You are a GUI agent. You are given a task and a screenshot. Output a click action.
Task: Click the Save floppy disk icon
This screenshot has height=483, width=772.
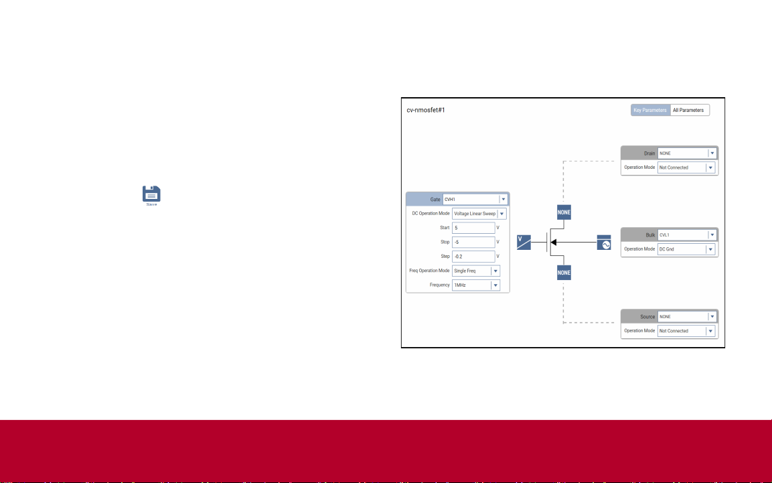coord(151,194)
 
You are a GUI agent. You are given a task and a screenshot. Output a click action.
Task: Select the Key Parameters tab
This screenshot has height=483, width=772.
coord(650,111)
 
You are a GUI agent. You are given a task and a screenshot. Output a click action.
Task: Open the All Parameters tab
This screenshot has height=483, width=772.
coord(689,111)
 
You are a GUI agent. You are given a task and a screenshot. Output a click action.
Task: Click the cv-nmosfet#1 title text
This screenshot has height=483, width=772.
coord(425,110)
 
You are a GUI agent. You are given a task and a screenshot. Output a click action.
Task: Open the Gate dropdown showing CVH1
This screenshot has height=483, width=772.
coord(475,200)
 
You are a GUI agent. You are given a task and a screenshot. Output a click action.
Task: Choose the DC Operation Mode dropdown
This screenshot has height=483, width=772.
coord(479,214)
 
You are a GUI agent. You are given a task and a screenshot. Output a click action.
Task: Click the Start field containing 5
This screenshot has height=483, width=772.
coord(473,228)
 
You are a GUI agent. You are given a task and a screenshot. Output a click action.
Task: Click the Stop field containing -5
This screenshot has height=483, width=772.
coord(473,243)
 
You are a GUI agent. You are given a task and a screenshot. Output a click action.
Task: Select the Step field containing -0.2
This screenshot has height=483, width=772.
coord(473,257)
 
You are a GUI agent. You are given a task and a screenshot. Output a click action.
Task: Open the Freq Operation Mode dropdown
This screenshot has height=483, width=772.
coord(475,271)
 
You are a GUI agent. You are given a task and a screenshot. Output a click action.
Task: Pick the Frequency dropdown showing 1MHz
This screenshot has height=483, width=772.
coord(475,285)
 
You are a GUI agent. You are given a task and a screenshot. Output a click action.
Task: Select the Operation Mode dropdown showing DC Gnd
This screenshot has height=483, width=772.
coord(686,249)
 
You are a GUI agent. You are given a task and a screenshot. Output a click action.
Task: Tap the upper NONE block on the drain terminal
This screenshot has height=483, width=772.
coord(564,212)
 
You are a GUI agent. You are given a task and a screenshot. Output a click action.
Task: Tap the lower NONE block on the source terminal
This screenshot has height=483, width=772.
coord(564,272)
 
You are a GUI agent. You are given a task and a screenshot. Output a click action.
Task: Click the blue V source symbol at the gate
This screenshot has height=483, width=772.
coord(524,243)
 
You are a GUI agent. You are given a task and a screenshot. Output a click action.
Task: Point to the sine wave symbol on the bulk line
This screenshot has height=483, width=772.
coord(604,243)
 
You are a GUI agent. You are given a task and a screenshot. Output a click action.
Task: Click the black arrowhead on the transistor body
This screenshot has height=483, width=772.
coord(554,243)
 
